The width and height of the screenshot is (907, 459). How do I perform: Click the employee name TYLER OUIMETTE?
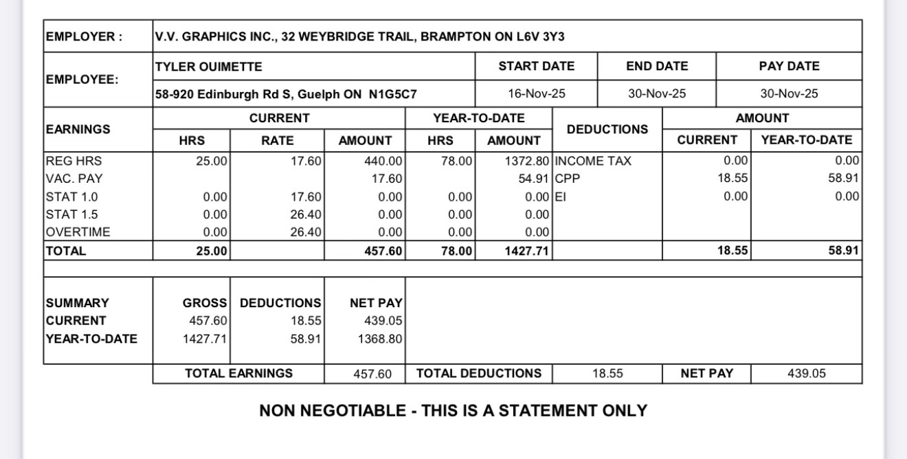[x=209, y=67]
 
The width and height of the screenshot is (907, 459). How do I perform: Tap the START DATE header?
[x=536, y=67]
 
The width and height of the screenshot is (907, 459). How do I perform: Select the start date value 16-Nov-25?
[x=536, y=94]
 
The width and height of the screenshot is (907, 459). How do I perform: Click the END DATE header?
[x=657, y=67]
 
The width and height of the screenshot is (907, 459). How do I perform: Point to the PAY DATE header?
[x=789, y=67]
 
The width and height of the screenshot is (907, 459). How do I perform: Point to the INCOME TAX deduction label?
[x=592, y=161]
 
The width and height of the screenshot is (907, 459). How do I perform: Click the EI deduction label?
[x=559, y=197]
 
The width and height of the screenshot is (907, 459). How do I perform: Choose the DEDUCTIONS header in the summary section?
[x=280, y=303]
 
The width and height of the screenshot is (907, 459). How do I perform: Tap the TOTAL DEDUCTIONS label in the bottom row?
[x=479, y=374]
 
